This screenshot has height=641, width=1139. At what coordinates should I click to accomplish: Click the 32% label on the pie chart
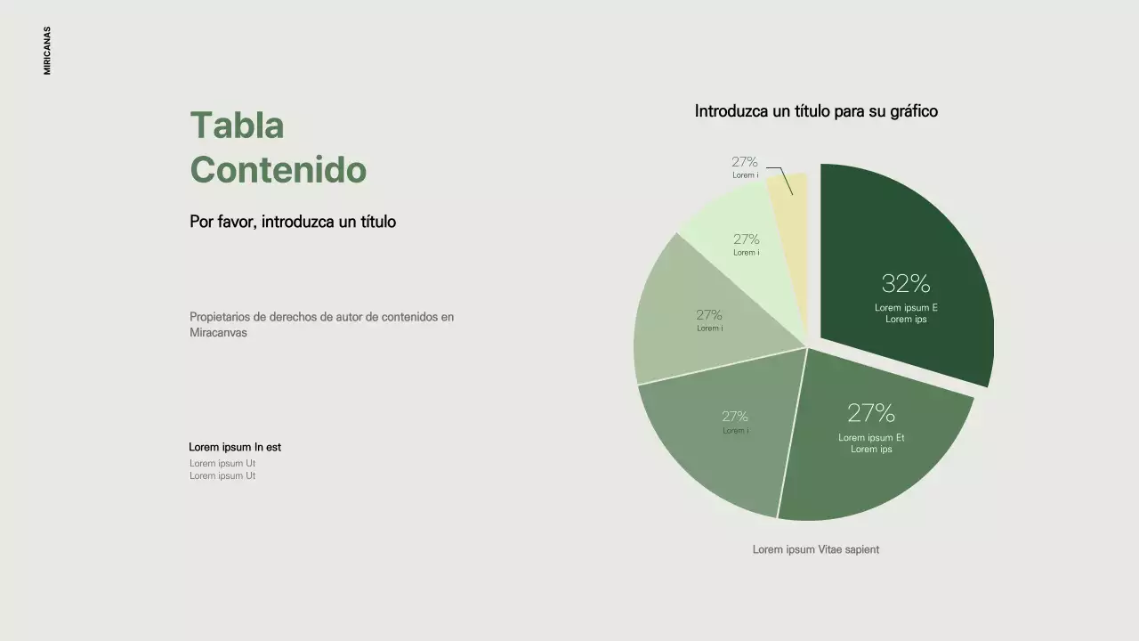906,284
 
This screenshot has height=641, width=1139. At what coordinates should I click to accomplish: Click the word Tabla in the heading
237,126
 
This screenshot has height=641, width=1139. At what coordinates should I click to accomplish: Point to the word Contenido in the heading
278,169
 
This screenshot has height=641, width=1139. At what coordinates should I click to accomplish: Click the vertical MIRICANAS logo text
47,50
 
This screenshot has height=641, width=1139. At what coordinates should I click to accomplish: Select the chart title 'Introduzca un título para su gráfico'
816,111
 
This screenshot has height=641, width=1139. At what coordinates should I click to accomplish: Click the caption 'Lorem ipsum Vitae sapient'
816,549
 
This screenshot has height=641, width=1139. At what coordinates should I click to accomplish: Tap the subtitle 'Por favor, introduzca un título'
293,222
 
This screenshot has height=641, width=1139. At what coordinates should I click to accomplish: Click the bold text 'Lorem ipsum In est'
235,447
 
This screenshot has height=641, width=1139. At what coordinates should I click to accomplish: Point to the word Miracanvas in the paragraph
218,333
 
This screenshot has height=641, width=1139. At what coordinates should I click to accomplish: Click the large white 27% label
871,413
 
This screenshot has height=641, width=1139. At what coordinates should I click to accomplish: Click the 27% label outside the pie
745,162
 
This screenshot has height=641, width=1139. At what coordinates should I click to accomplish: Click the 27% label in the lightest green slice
747,239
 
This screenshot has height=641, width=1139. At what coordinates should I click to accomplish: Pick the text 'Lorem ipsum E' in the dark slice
906,308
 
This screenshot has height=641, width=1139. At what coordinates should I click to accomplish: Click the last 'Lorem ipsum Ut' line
222,475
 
